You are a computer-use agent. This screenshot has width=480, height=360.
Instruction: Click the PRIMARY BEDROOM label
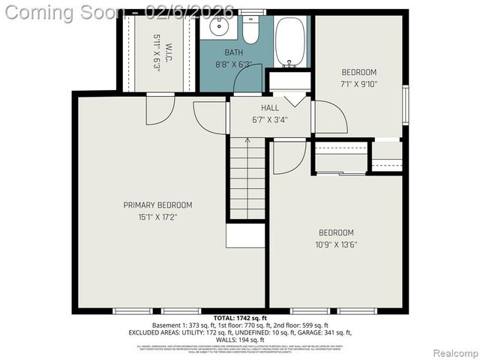[147, 205]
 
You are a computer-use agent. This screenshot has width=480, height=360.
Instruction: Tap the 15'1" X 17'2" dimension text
[147, 217]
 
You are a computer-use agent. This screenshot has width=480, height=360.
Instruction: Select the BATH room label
[234, 52]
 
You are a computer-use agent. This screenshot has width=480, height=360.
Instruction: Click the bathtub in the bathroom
[289, 41]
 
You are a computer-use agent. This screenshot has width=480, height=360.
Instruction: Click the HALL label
[269, 107]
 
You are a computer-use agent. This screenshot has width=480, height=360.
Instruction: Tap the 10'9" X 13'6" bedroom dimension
[335, 244]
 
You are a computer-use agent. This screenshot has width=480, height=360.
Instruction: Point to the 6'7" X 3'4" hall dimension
[269, 118]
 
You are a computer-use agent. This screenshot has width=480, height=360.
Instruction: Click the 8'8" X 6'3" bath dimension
[233, 64]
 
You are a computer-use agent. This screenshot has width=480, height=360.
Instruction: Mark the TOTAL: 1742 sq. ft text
[240, 319]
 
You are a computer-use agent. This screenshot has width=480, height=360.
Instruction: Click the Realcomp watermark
[454, 352]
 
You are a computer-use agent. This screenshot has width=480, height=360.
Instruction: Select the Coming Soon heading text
[64, 13]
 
